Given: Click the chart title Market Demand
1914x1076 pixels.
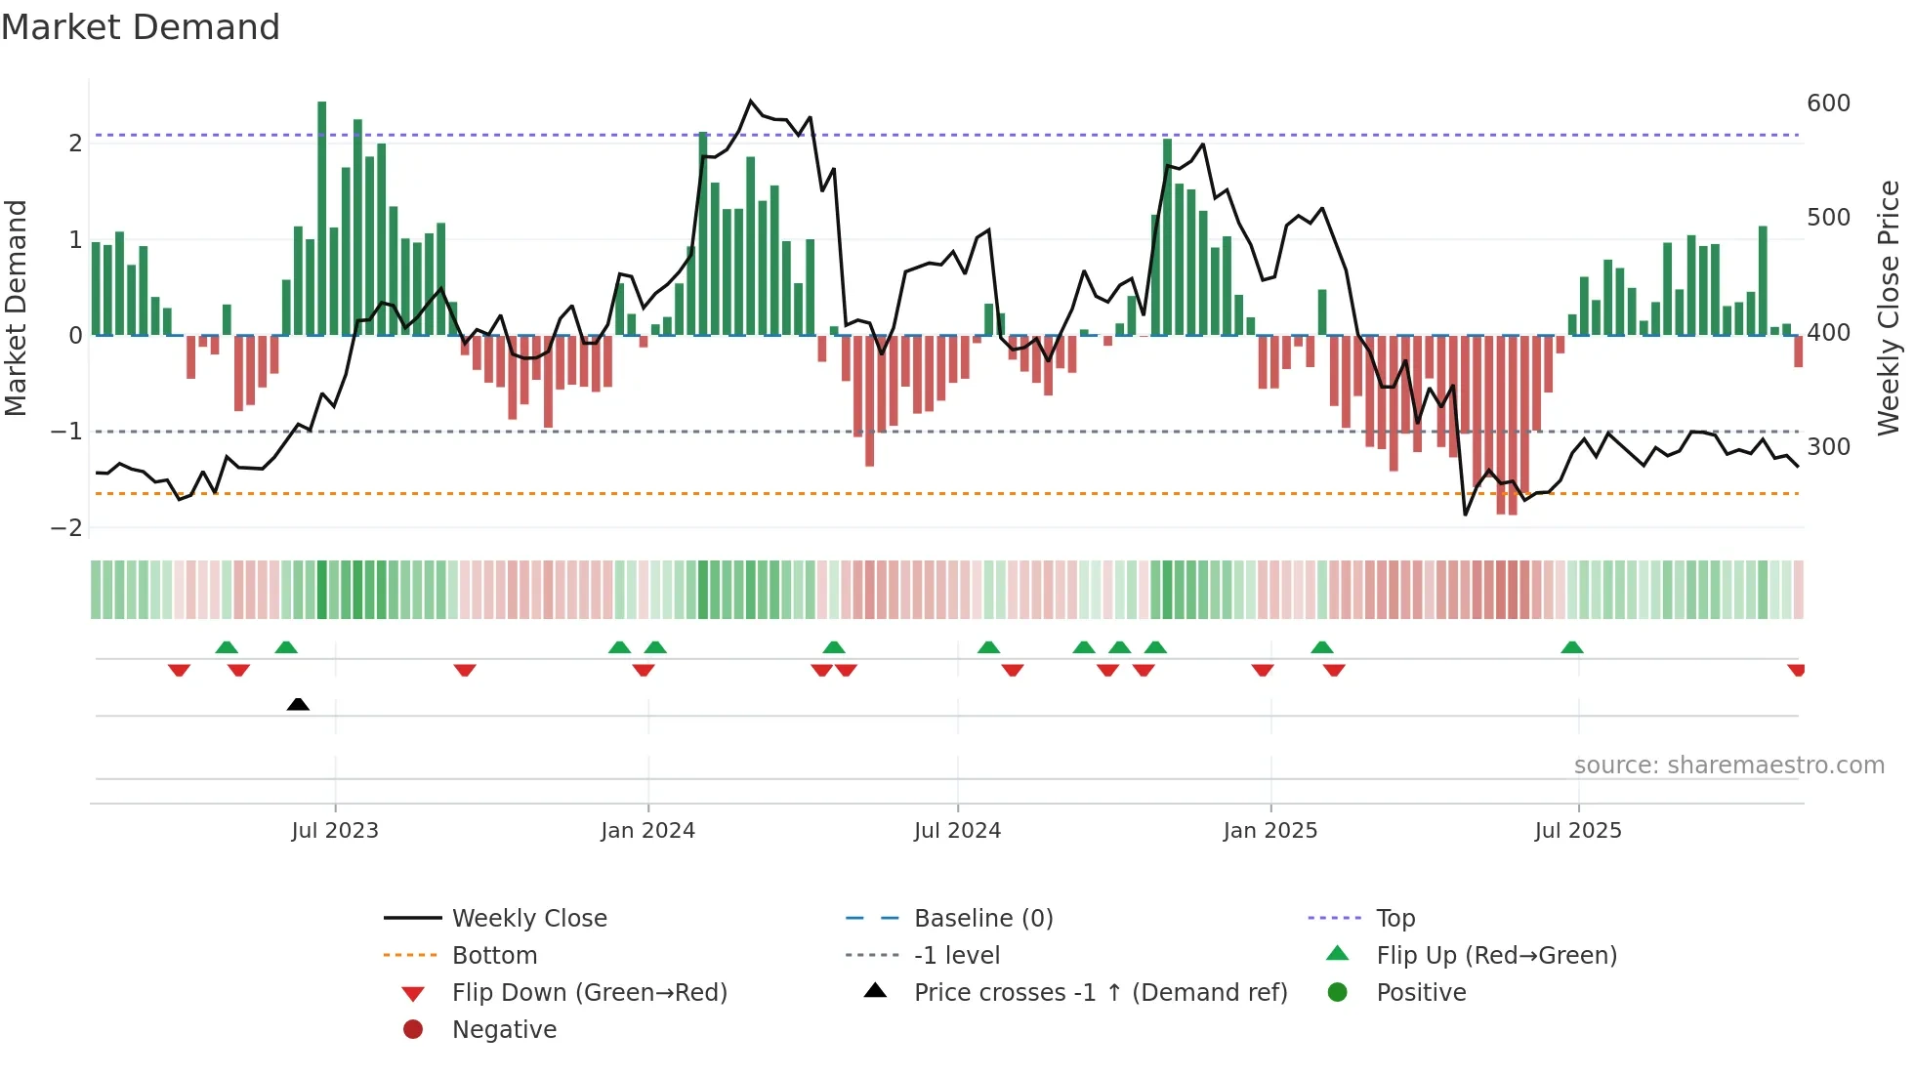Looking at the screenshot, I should point(141,27).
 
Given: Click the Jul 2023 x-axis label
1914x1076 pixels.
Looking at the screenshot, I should point(335,831).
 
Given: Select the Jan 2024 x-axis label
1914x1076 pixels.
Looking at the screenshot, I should point(647,831).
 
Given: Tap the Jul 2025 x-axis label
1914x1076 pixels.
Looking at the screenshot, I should point(1578,831).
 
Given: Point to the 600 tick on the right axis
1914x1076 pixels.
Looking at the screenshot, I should point(1828,103).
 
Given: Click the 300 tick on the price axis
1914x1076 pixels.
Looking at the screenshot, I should point(1828,447).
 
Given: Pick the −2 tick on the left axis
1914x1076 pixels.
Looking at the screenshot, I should point(66,528).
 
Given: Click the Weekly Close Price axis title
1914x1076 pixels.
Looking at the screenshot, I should point(1889,308).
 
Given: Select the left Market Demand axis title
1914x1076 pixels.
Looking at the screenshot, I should point(17,308).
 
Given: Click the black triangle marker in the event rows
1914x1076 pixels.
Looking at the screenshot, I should point(298,704).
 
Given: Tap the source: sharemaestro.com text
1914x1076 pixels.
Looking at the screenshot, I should point(1728,766).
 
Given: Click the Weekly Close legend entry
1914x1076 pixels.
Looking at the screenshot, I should point(529,919).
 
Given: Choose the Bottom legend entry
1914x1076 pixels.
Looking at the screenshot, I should point(494,956).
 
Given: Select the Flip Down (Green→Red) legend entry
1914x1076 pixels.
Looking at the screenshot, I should point(589,993).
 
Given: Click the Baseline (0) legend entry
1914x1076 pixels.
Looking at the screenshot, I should point(983,919).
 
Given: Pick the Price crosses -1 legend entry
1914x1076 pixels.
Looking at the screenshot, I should point(1101,993).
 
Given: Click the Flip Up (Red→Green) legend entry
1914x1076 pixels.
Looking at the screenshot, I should point(1496,956).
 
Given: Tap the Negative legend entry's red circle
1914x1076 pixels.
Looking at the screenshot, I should point(413,1030).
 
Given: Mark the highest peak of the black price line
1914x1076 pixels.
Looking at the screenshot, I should point(751,101).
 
